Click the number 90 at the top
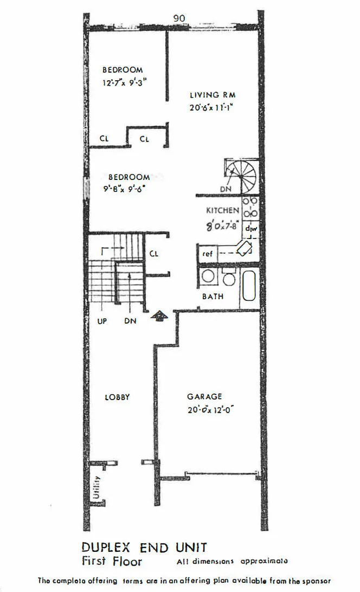pos(179,18)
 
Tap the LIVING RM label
pos(213,95)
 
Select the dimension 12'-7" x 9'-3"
pos(125,83)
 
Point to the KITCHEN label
pos(222,210)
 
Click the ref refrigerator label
pos(207,254)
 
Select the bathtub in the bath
pos(249,284)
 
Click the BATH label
pos(213,297)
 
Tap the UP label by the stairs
pos(102,321)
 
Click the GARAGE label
pos(204,397)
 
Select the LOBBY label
pos(117,397)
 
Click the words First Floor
pos(112,561)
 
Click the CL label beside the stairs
pos(154,253)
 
